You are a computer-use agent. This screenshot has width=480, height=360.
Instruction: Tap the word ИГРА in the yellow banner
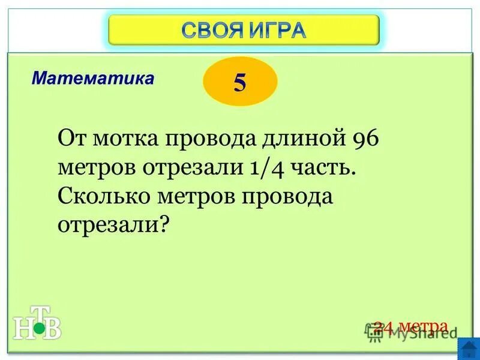coord(278,29)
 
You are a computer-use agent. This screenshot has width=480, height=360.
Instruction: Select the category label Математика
coord(93,78)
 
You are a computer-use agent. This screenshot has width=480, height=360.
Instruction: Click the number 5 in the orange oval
coord(240,82)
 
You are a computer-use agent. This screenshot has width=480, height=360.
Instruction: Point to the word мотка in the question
coord(124,140)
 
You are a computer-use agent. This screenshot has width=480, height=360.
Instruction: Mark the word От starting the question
coord(71,140)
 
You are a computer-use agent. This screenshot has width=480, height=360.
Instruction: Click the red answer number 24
coord(383,326)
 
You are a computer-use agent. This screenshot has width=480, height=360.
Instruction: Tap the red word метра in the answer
coord(424,326)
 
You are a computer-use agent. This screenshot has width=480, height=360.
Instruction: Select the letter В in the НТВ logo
coord(53,329)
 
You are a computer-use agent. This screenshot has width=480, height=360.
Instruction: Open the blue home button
coord(468,349)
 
